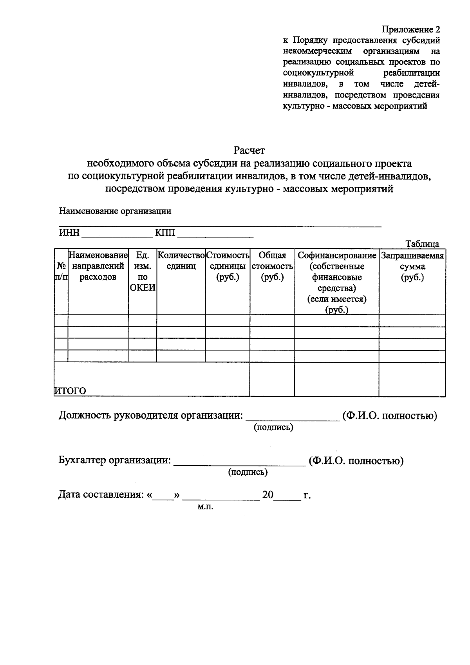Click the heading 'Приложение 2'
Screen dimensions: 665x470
[x=411, y=30]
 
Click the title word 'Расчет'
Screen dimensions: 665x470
[x=249, y=150]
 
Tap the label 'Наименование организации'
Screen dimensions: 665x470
[x=115, y=211]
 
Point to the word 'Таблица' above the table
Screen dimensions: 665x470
[x=422, y=244]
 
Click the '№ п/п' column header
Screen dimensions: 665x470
[x=61, y=271]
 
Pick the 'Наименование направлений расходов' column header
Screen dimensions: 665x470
[x=98, y=266]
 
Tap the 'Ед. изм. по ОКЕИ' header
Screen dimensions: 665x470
[x=143, y=271]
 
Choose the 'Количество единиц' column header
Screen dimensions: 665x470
[x=181, y=261]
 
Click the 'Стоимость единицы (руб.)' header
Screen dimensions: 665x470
[x=228, y=266]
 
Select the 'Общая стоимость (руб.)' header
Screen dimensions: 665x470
[x=272, y=266]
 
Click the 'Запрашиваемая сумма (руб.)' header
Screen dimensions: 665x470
[x=412, y=266]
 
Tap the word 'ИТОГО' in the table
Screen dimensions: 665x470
[x=70, y=390]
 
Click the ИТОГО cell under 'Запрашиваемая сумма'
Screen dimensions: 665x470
[x=412, y=379]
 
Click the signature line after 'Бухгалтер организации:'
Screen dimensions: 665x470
[x=239, y=464]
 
